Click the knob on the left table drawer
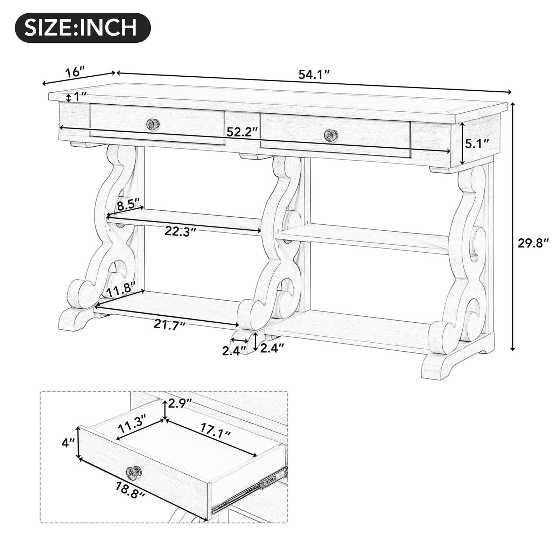(153, 124)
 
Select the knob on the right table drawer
(330, 135)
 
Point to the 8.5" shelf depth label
(128, 204)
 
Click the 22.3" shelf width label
(180, 232)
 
